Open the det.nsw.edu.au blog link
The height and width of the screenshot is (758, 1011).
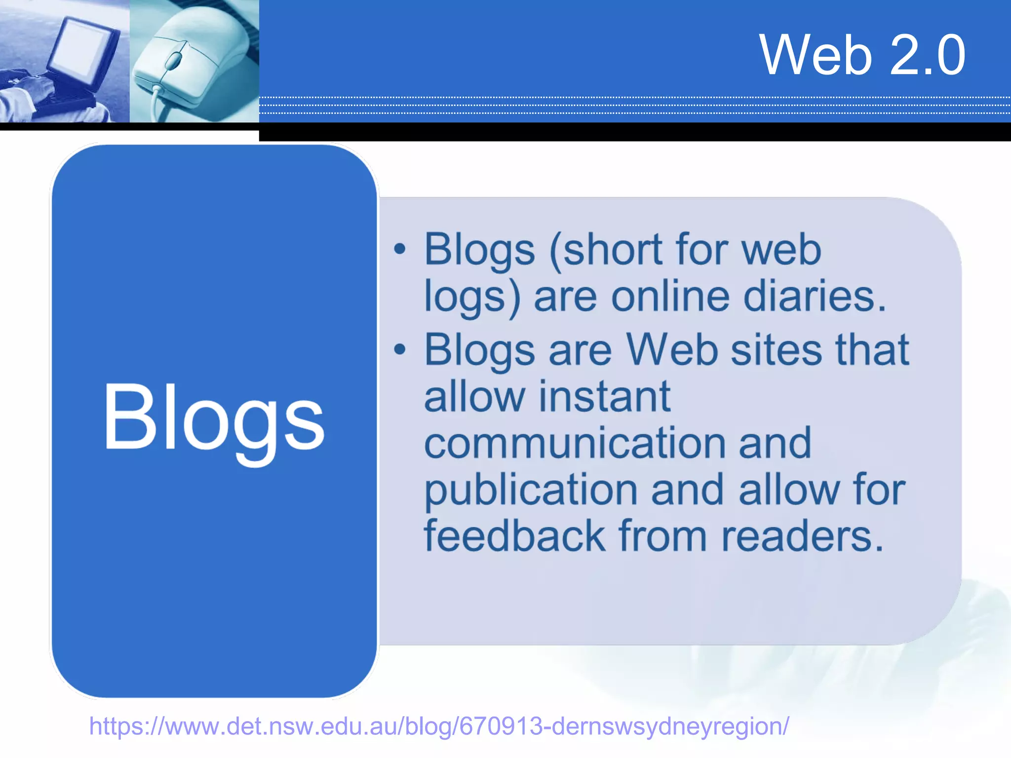439,726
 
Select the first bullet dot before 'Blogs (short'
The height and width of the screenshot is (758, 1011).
399,249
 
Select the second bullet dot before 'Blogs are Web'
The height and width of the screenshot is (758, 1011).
399,349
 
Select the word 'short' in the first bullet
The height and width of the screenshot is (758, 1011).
612,249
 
